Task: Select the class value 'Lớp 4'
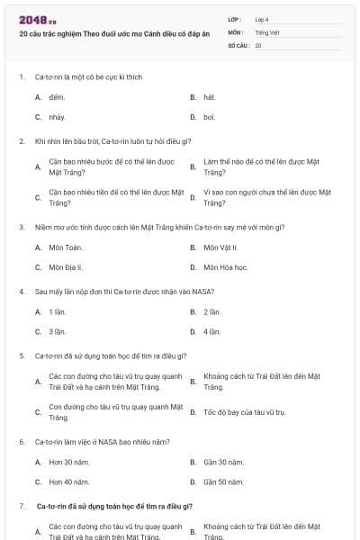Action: point(262,19)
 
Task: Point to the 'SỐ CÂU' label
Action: point(238,45)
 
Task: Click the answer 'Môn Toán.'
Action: point(65,247)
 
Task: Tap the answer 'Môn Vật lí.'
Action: point(220,247)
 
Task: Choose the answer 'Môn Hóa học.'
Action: point(224,267)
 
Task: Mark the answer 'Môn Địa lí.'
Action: point(66,267)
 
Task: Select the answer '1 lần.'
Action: point(58,311)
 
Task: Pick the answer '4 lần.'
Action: point(212,332)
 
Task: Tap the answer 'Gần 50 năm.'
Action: point(223,482)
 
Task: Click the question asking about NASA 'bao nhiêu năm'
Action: point(103,442)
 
